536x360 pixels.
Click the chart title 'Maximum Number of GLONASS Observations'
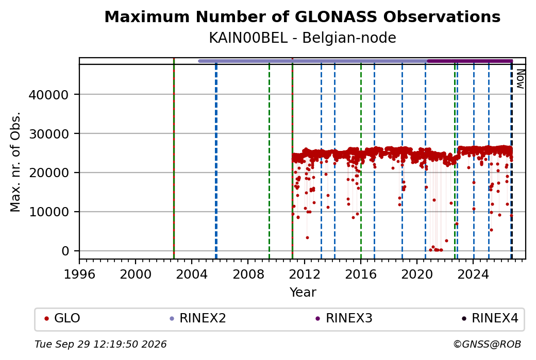pyautogui.click(x=302, y=16)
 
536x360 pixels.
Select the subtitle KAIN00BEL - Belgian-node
pyautogui.click(x=302, y=38)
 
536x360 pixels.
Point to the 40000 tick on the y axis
pyautogui.click(x=49, y=95)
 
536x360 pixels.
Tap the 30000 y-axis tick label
pyautogui.click(x=49, y=134)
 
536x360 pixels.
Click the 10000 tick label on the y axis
pyautogui.click(x=49, y=212)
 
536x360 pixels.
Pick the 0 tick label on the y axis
pyautogui.click(x=65, y=251)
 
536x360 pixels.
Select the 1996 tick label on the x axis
pyautogui.click(x=79, y=274)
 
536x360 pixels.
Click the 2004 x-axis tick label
pyautogui.click(x=192, y=274)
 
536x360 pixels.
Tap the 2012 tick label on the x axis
pyautogui.click(x=304, y=274)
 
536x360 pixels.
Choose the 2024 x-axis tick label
pyautogui.click(x=473, y=274)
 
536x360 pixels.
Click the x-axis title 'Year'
pyautogui.click(x=303, y=293)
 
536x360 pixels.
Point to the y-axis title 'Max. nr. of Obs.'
pyautogui.click(x=15, y=162)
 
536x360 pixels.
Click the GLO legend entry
pyautogui.click(x=62, y=318)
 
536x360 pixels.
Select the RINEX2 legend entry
pyautogui.click(x=198, y=318)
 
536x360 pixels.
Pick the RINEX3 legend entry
pyautogui.click(x=344, y=318)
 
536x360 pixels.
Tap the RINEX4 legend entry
pyautogui.click(x=490, y=318)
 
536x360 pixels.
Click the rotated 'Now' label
pyautogui.click(x=520, y=79)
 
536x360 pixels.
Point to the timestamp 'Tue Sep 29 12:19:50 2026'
pyautogui.click(x=100, y=344)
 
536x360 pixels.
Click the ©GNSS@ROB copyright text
pyautogui.click(x=487, y=344)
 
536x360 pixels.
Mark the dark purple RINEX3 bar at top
pyautogui.click(x=470, y=61)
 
